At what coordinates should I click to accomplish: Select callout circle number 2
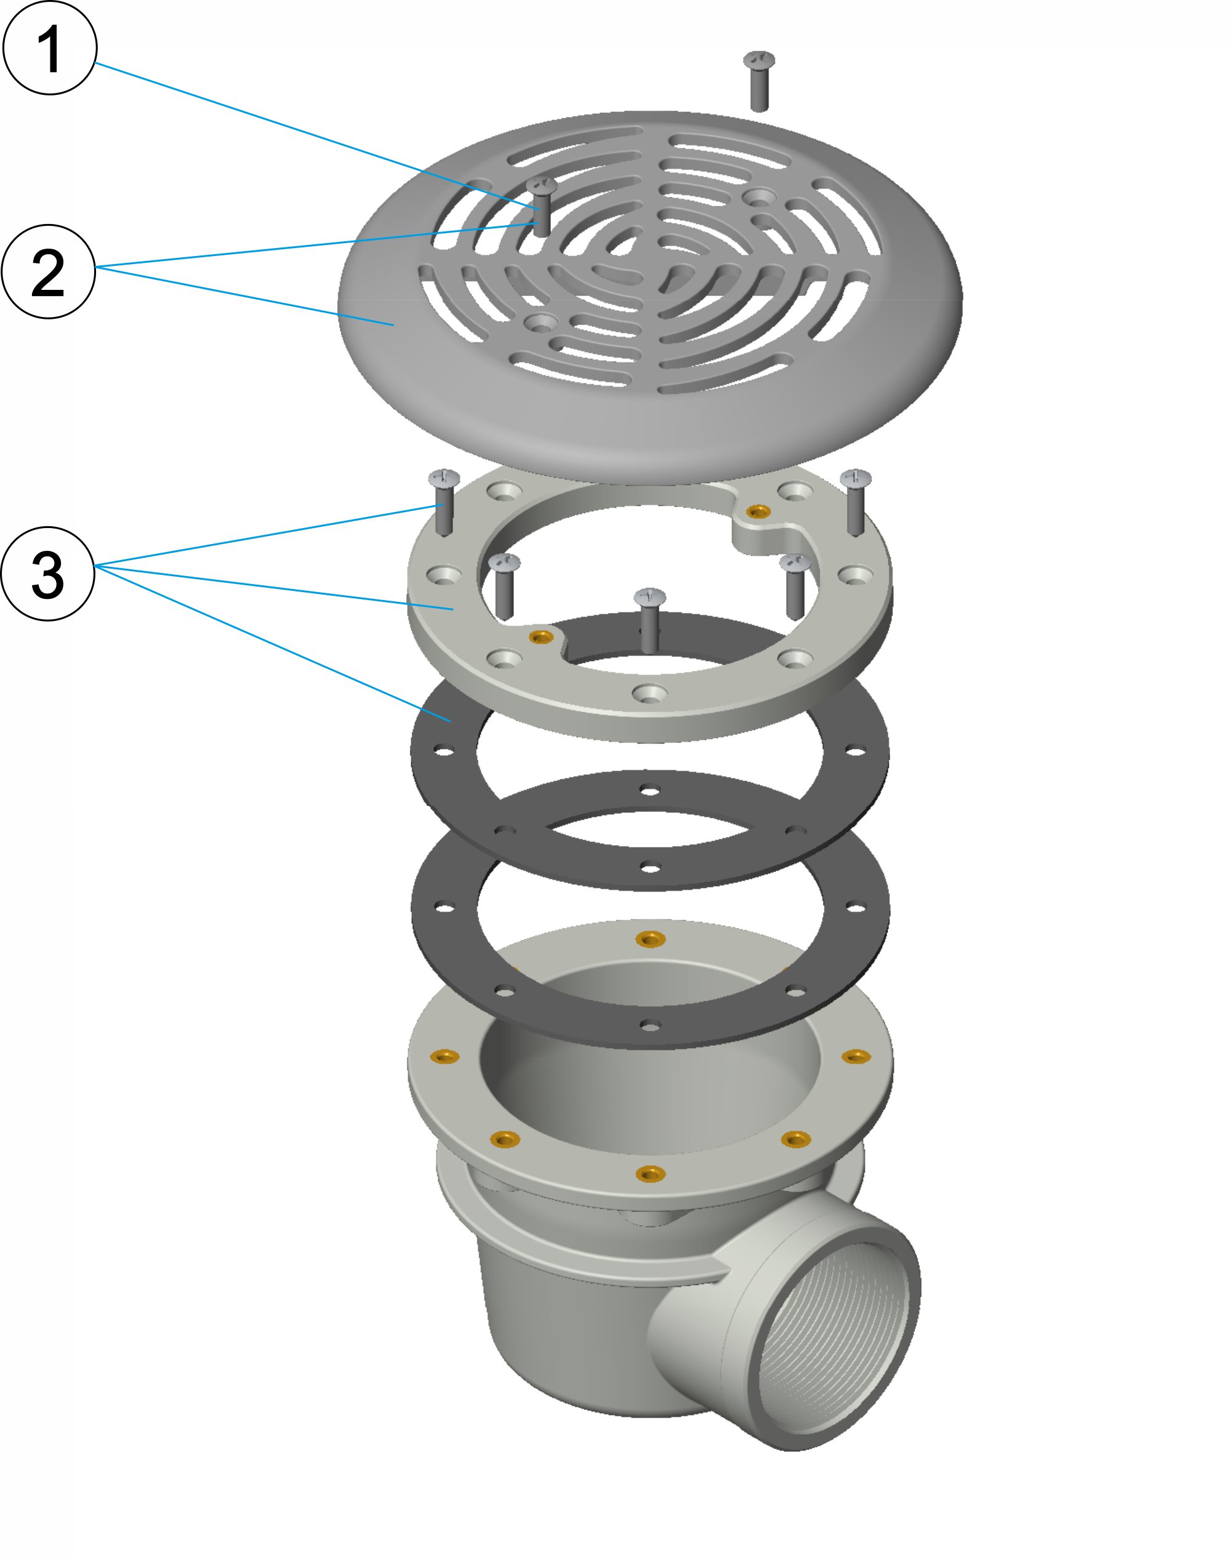coord(48,271)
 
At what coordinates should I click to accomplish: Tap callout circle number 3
coord(47,574)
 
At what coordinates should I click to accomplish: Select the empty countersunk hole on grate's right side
coord(759,196)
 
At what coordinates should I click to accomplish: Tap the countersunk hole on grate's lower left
coord(539,322)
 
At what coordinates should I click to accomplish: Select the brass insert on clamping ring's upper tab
coord(757,511)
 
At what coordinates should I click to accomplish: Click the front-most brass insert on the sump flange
coord(649,1173)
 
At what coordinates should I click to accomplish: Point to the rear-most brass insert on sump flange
coord(649,939)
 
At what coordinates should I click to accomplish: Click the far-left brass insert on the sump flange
coord(444,1057)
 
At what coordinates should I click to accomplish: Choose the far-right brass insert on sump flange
coord(856,1057)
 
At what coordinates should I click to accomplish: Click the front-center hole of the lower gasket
coord(649,1025)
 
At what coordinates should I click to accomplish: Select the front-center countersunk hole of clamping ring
coord(649,692)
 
